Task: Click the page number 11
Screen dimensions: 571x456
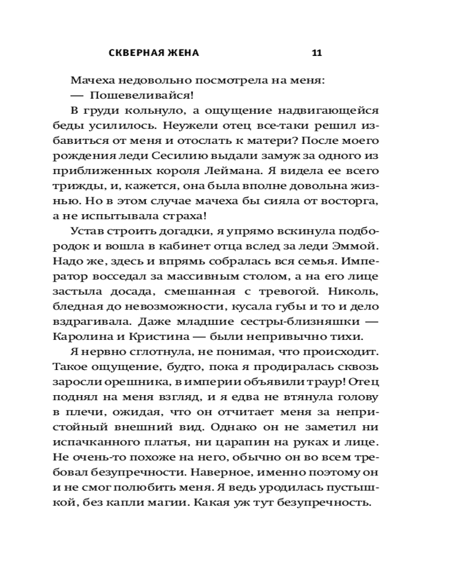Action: (x=317, y=53)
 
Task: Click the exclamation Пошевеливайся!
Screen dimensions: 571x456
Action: (x=130, y=95)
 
